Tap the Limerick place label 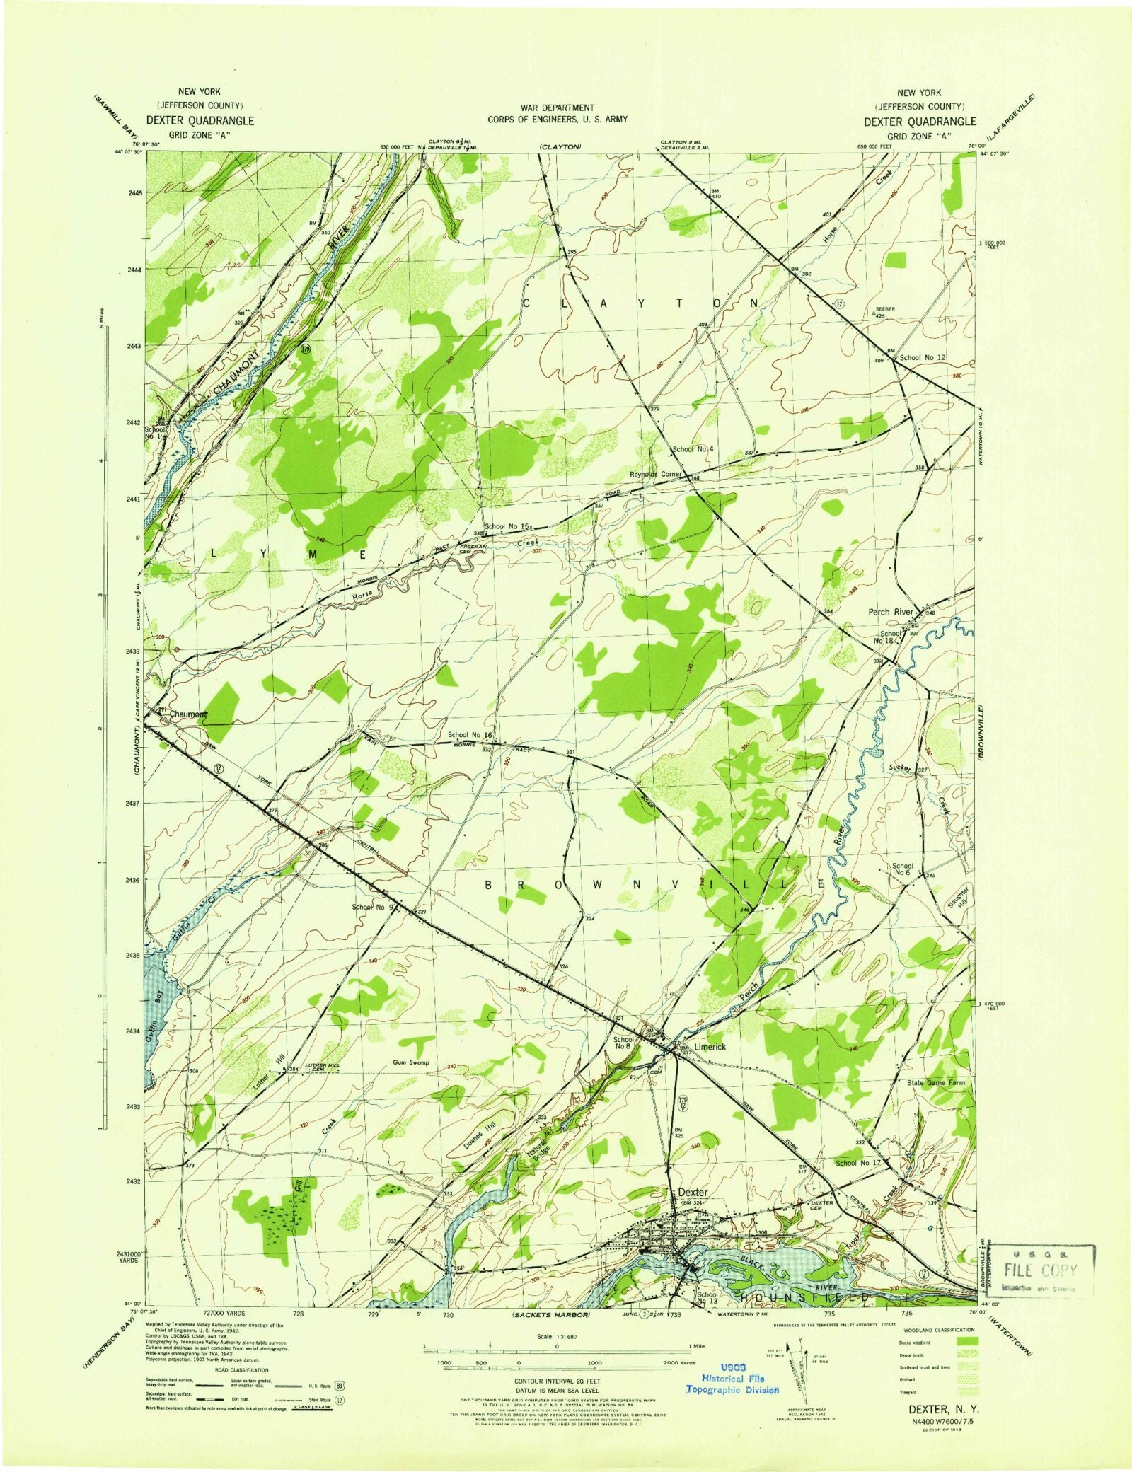pyautogui.click(x=710, y=1047)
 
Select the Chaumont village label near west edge pyautogui.click(x=188, y=714)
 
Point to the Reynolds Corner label pyautogui.click(x=656, y=474)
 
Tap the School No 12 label pyautogui.click(x=922, y=357)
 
